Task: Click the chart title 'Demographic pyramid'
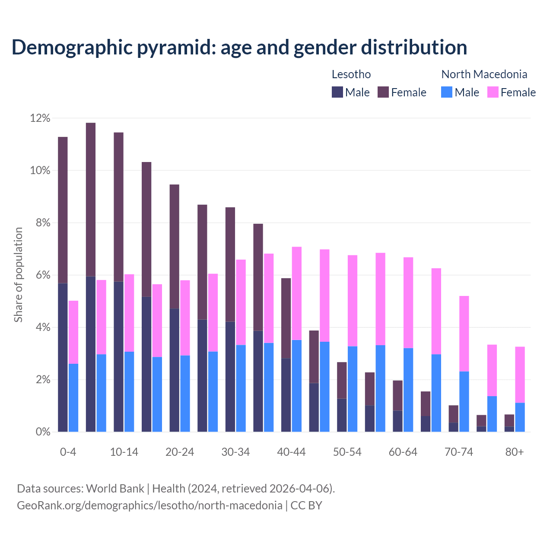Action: [x=239, y=48]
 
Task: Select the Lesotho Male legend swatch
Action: [x=337, y=92]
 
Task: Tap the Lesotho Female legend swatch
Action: [x=383, y=92]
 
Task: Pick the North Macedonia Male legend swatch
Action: [x=447, y=92]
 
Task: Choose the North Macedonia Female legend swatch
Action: [x=493, y=92]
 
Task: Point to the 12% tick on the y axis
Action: [x=40, y=118]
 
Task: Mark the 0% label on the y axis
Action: [x=42, y=432]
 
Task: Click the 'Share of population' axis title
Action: [x=18, y=275]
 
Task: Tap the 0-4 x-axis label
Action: [x=68, y=452]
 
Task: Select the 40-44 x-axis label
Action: [x=291, y=452]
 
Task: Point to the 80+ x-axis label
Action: [x=515, y=452]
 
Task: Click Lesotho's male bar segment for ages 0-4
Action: [x=63, y=357]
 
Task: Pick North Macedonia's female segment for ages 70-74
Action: [x=464, y=334]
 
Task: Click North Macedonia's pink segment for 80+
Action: [x=520, y=375]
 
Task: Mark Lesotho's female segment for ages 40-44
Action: [x=286, y=318]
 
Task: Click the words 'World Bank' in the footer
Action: [x=115, y=489]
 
